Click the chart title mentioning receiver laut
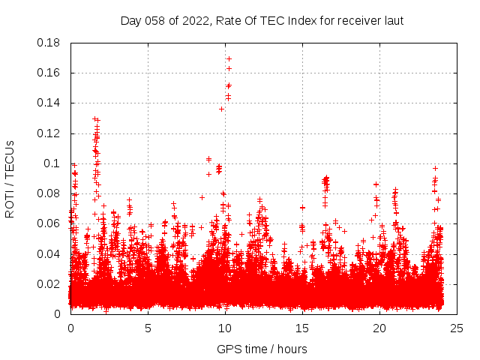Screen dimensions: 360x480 click(x=262, y=21)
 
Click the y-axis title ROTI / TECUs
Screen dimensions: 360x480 click(x=10, y=178)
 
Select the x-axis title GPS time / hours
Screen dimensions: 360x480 click(x=262, y=349)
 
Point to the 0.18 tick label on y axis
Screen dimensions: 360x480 click(x=49, y=43)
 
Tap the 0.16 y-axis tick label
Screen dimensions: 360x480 click(x=49, y=73)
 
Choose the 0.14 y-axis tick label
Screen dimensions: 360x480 click(x=49, y=103)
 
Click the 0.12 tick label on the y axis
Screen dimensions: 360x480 click(x=49, y=133)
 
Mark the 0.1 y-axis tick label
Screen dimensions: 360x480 click(x=53, y=163)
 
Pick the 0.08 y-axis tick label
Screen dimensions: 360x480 click(x=49, y=193)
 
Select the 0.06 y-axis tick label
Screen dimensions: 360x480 click(x=49, y=223)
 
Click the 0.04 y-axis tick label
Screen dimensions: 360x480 click(x=49, y=253)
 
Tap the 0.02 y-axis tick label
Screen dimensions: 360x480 click(x=49, y=283)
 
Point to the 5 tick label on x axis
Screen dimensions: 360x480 click(x=148, y=328)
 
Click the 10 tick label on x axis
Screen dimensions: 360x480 click(x=225, y=328)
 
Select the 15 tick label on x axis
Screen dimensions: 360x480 click(x=302, y=328)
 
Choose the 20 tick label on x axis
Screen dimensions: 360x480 click(x=379, y=328)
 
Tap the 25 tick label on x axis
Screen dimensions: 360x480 click(x=457, y=328)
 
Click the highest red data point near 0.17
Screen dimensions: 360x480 click(x=229, y=58)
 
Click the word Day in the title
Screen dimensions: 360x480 click(x=130, y=21)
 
